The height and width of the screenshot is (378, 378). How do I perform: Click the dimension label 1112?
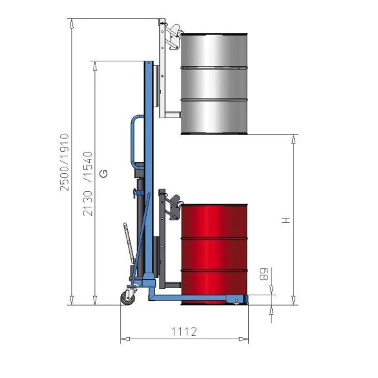(184, 331)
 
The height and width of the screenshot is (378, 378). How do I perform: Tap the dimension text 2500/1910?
(65, 162)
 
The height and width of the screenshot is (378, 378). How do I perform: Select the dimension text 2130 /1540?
(87, 184)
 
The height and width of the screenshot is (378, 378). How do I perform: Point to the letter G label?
(103, 174)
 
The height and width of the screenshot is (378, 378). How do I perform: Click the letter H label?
(286, 220)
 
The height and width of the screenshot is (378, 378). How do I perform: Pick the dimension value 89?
(264, 274)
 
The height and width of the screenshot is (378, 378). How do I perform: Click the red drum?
(215, 255)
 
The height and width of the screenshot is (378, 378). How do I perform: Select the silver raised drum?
(215, 83)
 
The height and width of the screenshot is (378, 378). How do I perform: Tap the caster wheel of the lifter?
(127, 298)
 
